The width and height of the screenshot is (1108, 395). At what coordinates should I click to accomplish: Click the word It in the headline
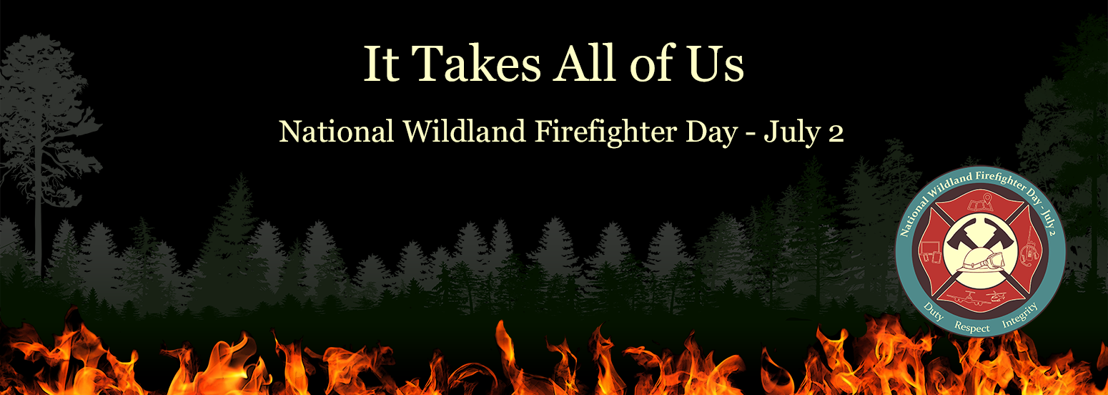pos(382,64)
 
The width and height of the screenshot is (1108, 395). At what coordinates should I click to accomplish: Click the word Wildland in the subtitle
pos(464,131)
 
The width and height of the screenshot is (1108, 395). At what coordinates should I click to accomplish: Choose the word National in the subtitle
pos(337,132)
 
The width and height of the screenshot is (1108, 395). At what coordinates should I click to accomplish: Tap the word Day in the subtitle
pos(711,133)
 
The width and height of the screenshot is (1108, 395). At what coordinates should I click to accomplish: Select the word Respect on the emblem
pos(972,327)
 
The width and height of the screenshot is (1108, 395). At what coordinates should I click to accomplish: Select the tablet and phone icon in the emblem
pos(932,253)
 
